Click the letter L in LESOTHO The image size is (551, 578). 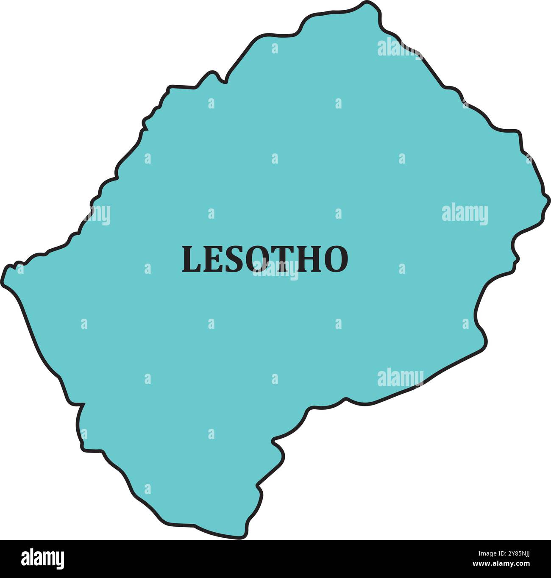pyautogui.click(x=191, y=259)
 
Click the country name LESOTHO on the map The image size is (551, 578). pyautogui.click(x=265, y=259)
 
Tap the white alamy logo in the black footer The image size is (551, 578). pyautogui.click(x=42, y=559)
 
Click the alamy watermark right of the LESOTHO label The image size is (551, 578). pyautogui.click(x=465, y=214)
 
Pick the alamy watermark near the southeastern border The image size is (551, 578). pyautogui.click(x=400, y=378)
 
